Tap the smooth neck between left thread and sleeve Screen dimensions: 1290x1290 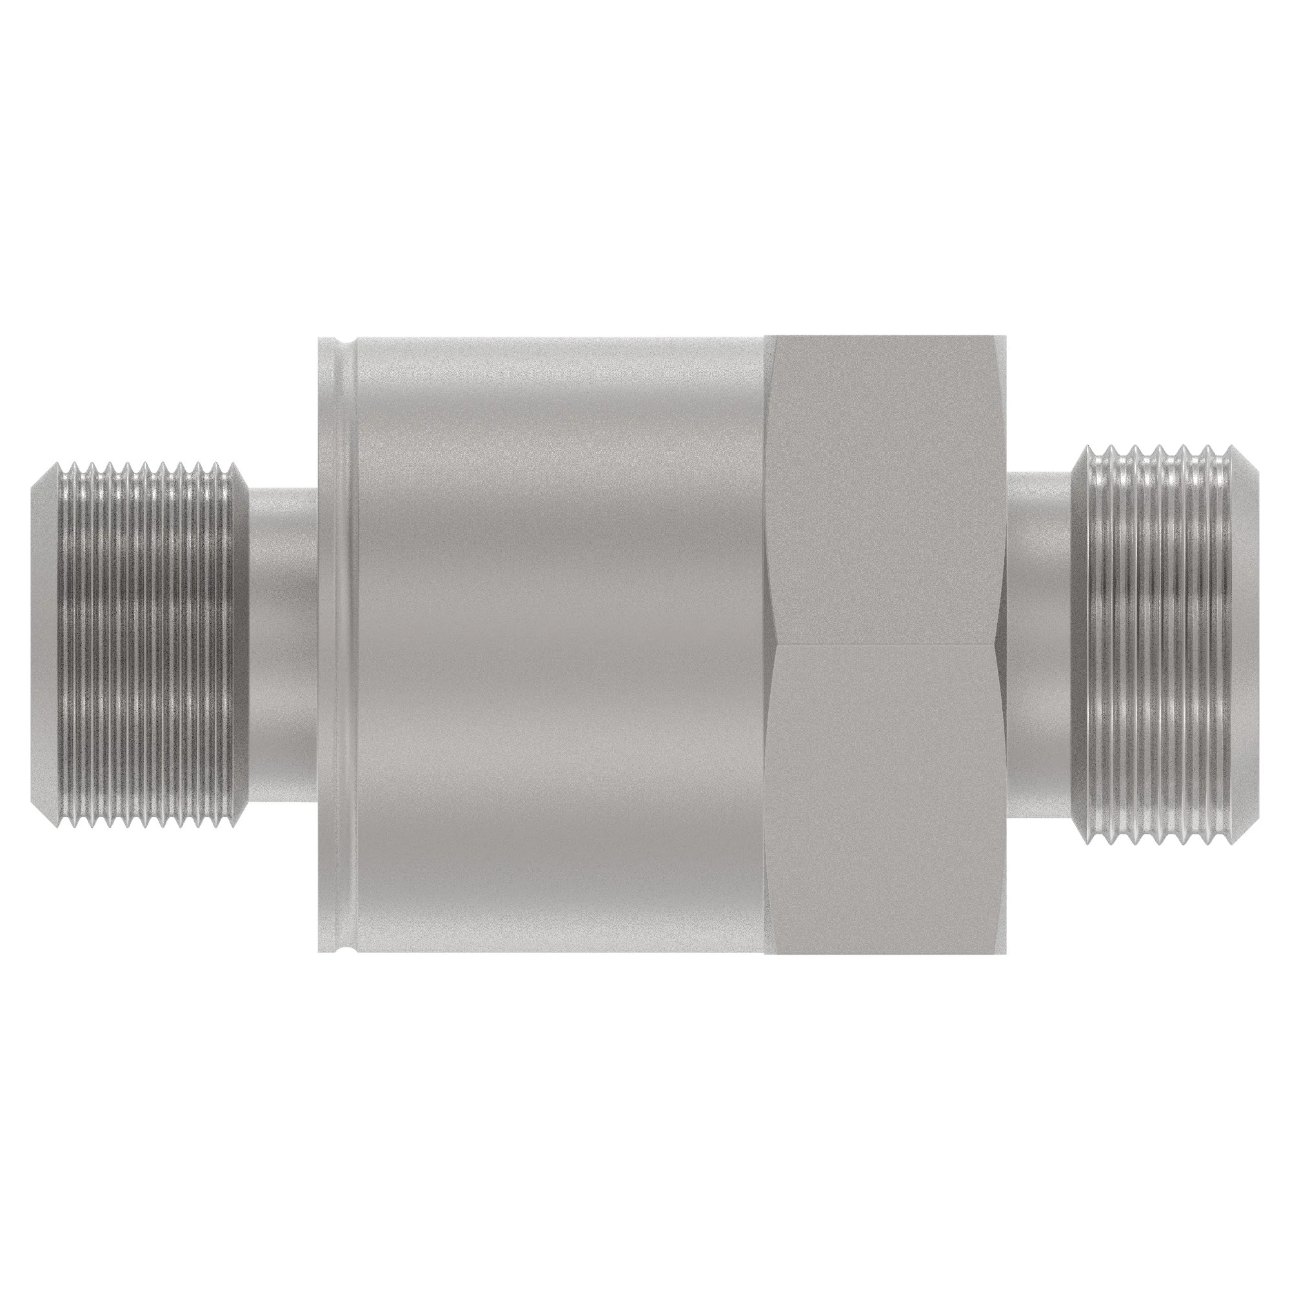point(281,645)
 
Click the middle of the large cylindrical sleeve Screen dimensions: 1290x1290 point(561,645)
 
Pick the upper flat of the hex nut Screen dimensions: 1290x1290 point(885,491)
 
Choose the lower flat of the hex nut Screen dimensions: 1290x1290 point(885,798)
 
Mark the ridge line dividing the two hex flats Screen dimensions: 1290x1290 point(885,645)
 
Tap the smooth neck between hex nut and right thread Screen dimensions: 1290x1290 point(1039,645)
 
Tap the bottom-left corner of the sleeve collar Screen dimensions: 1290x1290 point(317,951)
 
